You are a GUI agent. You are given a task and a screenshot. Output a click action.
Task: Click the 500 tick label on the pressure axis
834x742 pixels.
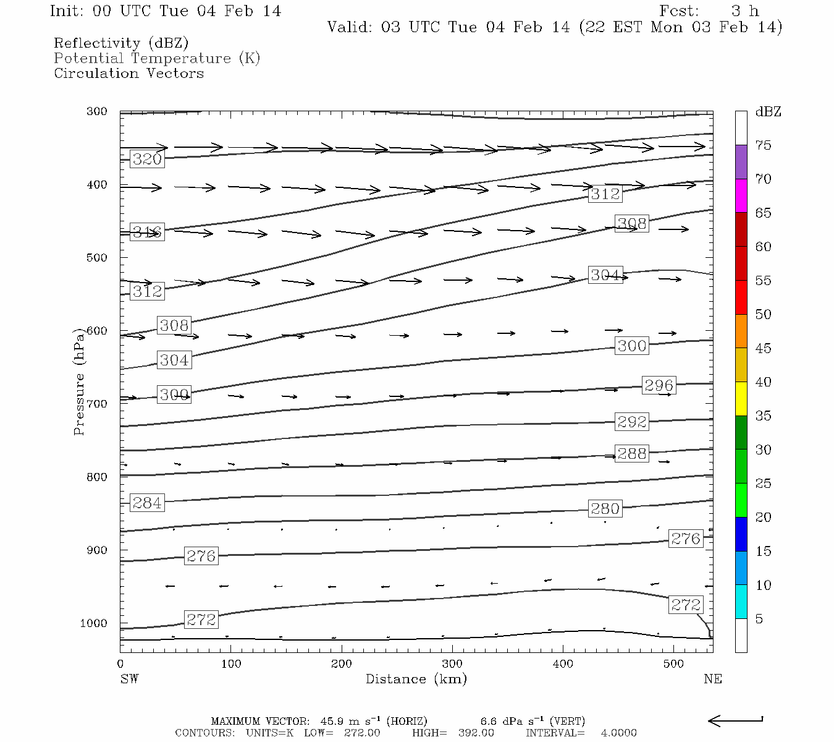coord(97,257)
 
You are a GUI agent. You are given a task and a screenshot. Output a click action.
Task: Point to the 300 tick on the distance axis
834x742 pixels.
coord(452,664)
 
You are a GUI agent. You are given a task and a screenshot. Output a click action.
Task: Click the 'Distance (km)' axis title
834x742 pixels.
coord(416,679)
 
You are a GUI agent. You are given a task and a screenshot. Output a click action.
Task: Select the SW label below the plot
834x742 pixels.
coord(129,679)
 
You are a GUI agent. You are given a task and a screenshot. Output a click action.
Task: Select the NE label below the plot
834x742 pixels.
coord(712,679)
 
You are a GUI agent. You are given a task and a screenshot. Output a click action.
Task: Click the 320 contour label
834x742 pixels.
coord(147,159)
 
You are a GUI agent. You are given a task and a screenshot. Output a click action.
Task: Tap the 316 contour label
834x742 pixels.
coord(147,232)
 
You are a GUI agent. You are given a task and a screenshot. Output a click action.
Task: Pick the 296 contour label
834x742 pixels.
coord(659,385)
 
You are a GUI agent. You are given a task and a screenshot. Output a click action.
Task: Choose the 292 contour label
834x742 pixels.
coord(631,422)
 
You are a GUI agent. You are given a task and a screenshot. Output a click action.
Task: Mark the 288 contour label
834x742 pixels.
coord(631,453)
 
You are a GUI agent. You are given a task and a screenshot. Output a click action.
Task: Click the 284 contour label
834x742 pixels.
coord(147,503)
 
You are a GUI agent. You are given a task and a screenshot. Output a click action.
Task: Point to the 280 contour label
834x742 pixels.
coord(604,508)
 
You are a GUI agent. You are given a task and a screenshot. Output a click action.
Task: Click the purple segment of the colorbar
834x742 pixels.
coord(741,162)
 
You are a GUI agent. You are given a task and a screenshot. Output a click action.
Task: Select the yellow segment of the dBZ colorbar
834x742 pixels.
coord(741,399)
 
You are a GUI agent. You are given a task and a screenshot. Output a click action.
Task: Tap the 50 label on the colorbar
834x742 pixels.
coord(763,314)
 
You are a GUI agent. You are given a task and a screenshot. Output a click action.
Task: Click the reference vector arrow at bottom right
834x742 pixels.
coord(735,720)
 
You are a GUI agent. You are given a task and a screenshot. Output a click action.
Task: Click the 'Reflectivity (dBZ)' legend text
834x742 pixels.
coord(121,43)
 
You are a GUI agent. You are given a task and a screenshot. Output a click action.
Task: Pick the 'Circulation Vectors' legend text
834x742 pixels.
coord(128,73)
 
